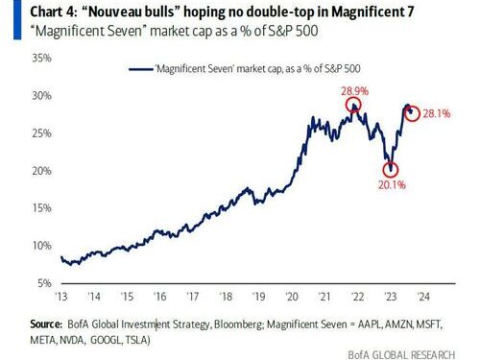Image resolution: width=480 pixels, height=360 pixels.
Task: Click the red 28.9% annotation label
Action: point(354,89)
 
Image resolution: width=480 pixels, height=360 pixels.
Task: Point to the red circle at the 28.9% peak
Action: point(354,105)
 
